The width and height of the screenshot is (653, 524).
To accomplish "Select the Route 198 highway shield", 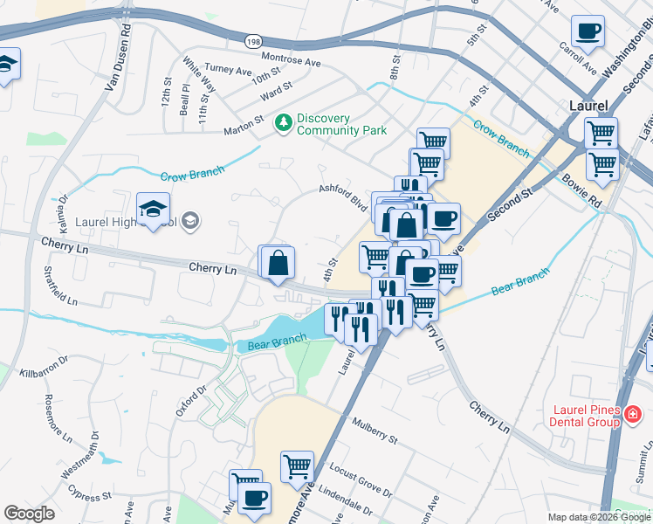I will pos(253,41).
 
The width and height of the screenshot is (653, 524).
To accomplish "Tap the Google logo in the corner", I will pos(29,514).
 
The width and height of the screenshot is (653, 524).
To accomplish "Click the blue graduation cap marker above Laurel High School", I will pos(154,210).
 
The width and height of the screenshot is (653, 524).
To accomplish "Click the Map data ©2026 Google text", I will pos(599,517).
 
